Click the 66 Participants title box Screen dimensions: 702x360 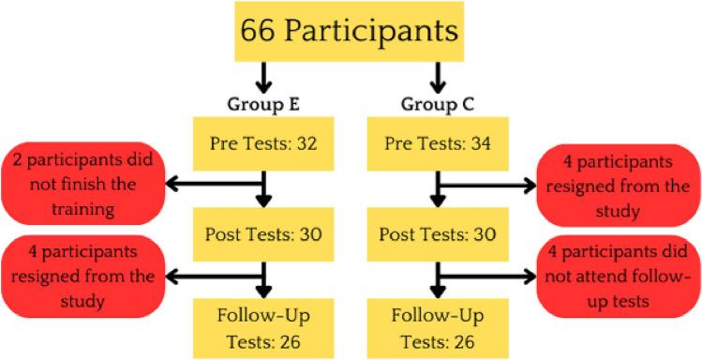351,31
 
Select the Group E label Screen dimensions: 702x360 265,100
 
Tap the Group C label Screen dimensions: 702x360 436,100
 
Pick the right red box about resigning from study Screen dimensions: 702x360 619,184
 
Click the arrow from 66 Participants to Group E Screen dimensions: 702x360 265,75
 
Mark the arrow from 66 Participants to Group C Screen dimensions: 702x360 436,75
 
